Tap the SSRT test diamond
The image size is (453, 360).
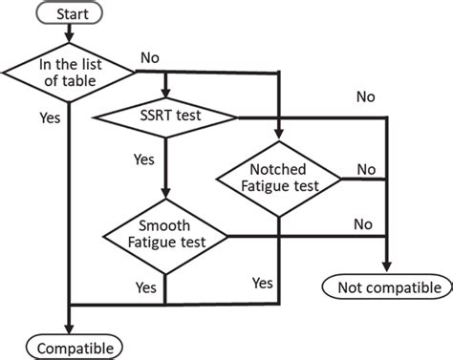point(164,116)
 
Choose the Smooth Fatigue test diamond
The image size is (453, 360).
point(164,235)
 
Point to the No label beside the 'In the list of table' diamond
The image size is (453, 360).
point(149,57)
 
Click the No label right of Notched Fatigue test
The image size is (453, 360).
point(366,169)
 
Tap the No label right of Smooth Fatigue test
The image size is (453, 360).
point(362,224)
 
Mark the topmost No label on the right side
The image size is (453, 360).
point(366,96)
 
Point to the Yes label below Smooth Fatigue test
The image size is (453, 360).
point(145,286)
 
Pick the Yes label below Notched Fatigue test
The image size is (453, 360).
point(262,283)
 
